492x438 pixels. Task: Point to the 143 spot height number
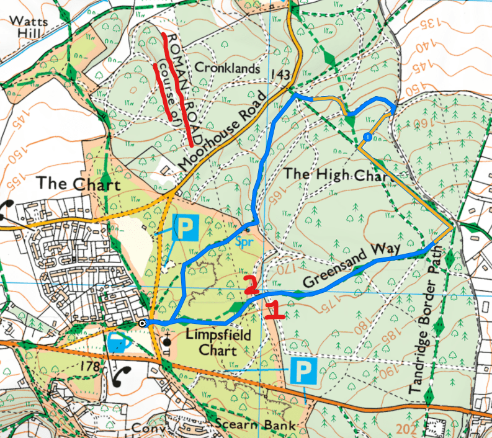[x=281, y=74]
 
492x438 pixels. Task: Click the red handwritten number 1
[x=274, y=309]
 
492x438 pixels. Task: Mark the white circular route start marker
[x=143, y=323]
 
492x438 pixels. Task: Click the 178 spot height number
[x=91, y=367]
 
